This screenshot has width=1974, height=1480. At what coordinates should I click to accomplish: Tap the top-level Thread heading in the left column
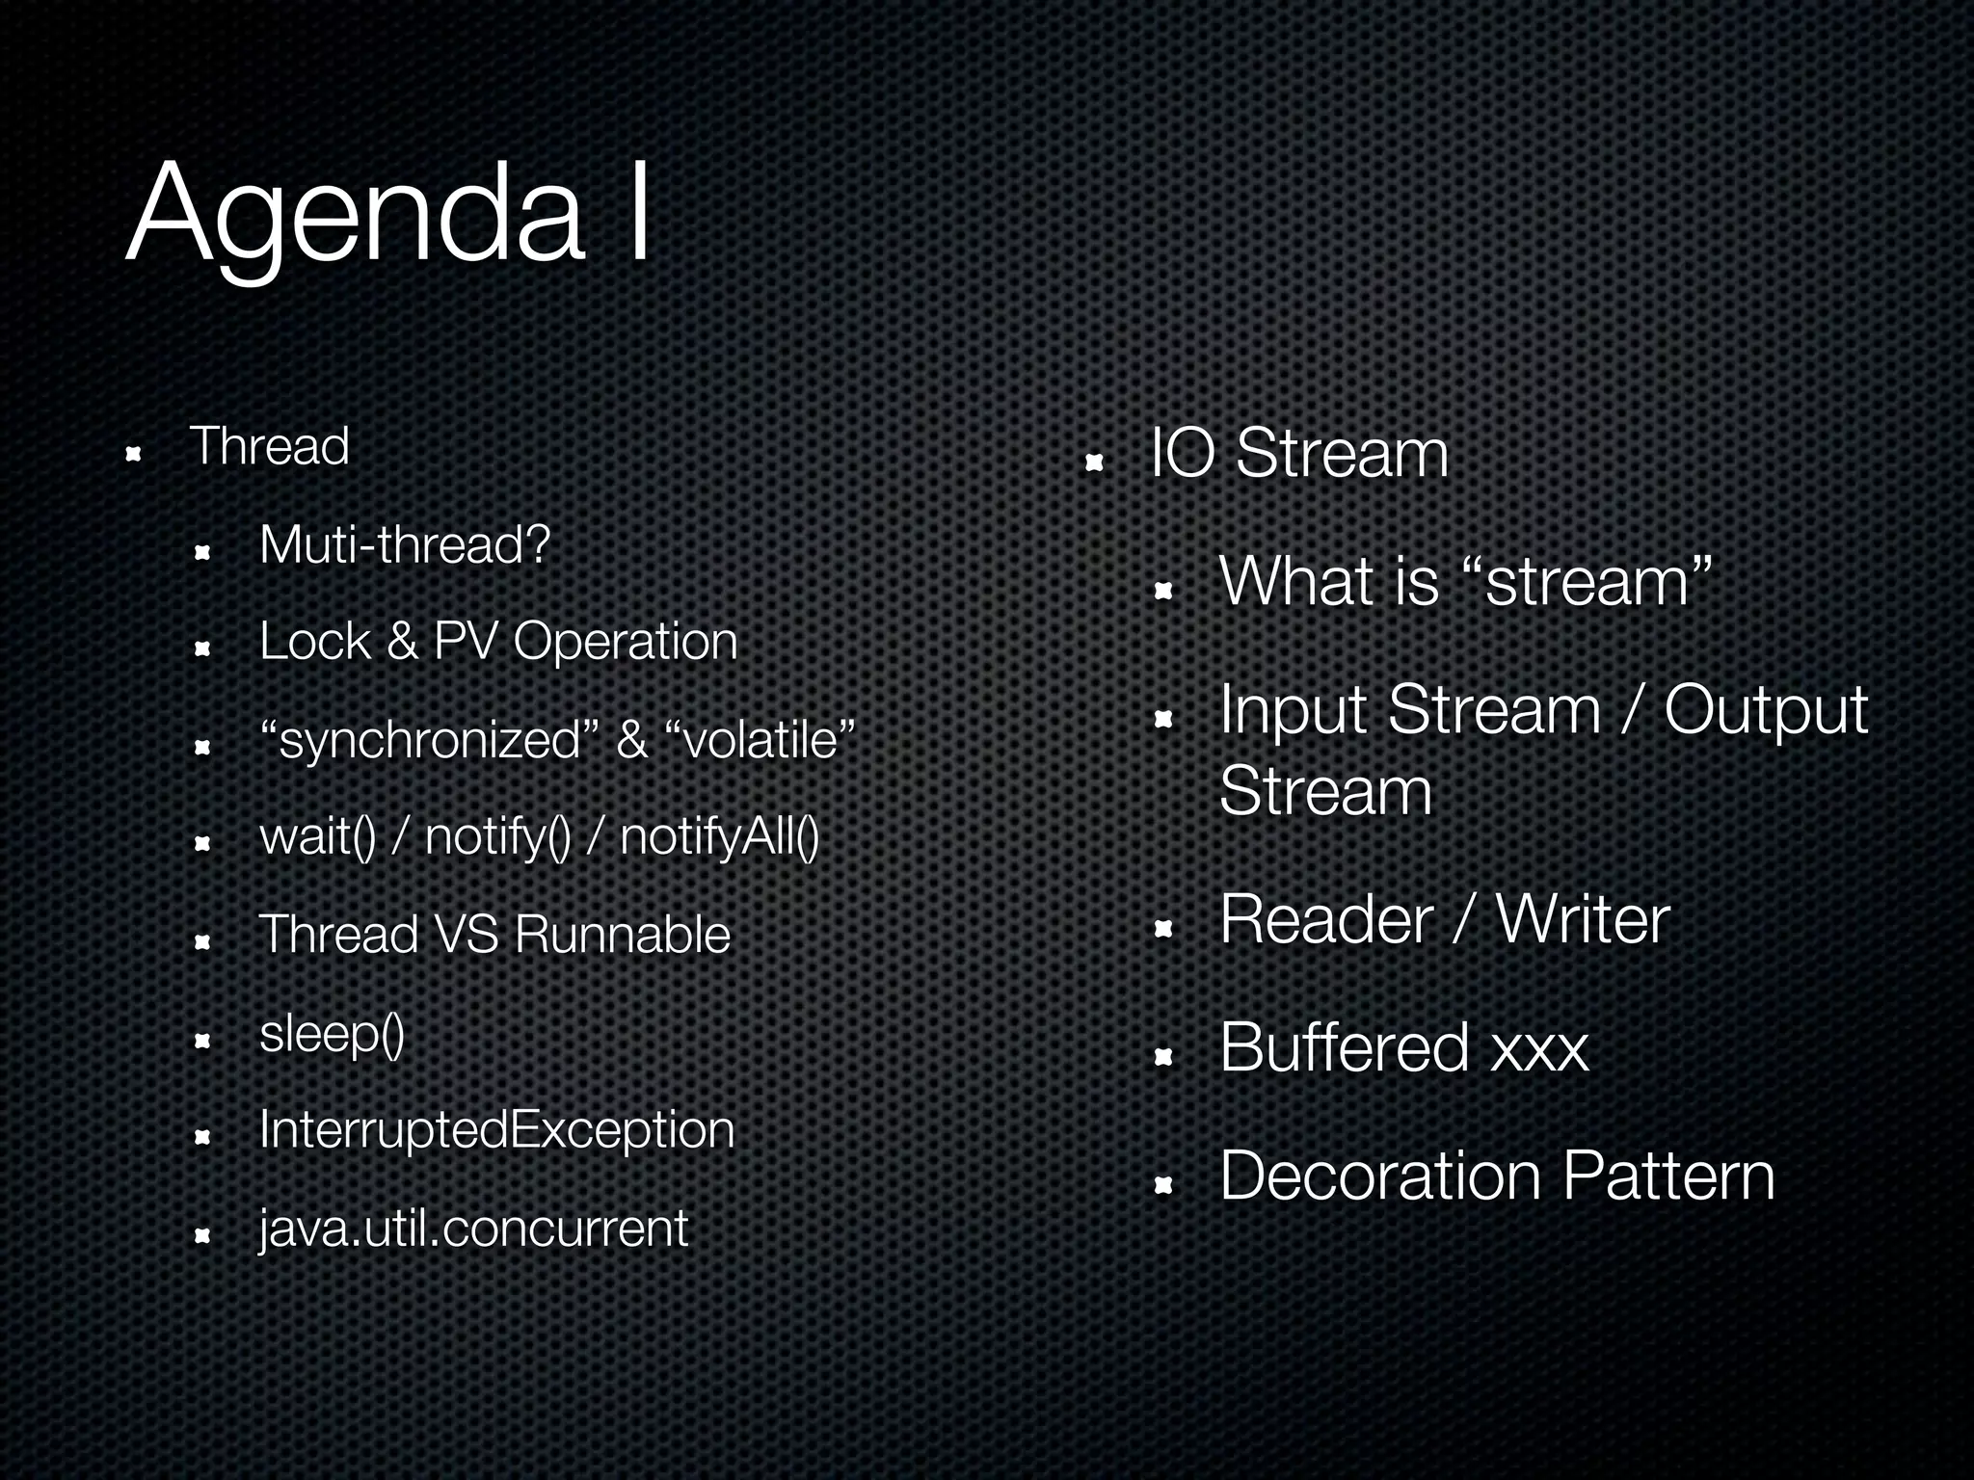pyautogui.click(x=269, y=446)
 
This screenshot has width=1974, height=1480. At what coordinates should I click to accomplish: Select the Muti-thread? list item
pyautogui.click(x=404, y=545)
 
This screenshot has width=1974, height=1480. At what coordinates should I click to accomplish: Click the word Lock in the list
pyautogui.click(x=314, y=641)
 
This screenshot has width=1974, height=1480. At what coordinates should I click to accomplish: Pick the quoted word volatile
pyautogui.click(x=760, y=740)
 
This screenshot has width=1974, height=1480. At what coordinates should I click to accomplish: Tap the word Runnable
pyautogui.click(x=622, y=935)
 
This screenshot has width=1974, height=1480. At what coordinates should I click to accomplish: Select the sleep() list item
pyautogui.click(x=332, y=1034)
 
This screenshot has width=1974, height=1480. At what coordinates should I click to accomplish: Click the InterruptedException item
pyautogui.click(x=496, y=1130)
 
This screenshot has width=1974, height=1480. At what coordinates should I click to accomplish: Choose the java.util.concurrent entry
pyautogui.click(x=473, y=1229)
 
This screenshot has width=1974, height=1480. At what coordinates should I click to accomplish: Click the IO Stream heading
pyautogui.click(x=1299, y=453)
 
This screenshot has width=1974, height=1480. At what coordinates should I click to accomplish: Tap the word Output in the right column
pyautogui.click(x=1766, y=711)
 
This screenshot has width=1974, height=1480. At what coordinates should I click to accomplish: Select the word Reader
pyautogui.click(x=1326, y=919)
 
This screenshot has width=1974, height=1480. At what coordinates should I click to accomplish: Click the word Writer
pyautogui.click(x=1582, y=919)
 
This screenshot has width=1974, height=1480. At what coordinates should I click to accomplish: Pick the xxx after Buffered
pyautogui.click(x=1538, y=1048)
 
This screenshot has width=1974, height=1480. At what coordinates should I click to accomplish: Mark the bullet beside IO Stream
pyautogui.click(x=1093, y=463)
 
